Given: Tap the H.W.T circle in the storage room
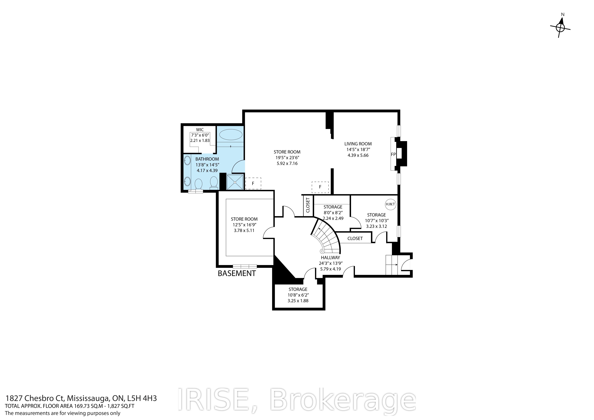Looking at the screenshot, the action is point(390,204).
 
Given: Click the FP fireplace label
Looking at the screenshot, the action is point(393,155).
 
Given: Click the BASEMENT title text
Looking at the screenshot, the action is point(237,274).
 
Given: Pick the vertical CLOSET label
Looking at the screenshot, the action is point(308,205).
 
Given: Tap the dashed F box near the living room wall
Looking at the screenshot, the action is point(320,187).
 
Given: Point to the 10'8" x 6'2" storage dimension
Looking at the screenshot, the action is point(298,295).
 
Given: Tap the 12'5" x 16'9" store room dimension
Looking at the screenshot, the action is point(244,225).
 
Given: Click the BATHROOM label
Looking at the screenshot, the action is point(207,159).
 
